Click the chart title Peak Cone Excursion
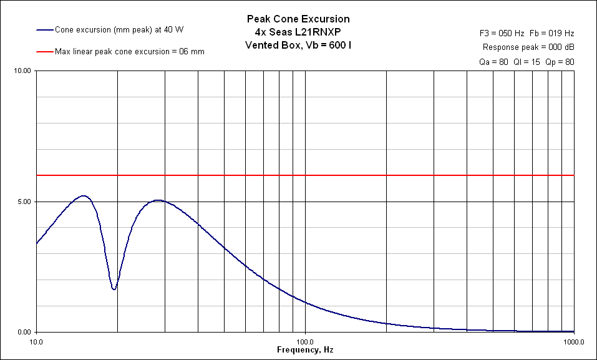pyautogui.click(x=298, y=19)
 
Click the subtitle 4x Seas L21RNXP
pyautogui.click(x=298, y=32)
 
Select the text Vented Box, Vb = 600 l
pyautogui.click(x=298, y=46)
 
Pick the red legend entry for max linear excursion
pyautogui.click(x=129, y=51)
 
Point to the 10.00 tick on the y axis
pyautogui.click(x=22, y=71)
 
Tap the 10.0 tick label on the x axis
pyautogui.click(x=36, y=342)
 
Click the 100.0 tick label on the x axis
pyautogui.click(x=305, y=342)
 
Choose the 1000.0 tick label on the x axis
pyautogui.click(x=573, y=342)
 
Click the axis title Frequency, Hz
pyautogui.click(x=305, y=351)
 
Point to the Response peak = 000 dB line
pyautogui.click(x=528, y=47)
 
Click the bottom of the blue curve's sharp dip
pyautogui.click(x=114, y=289)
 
